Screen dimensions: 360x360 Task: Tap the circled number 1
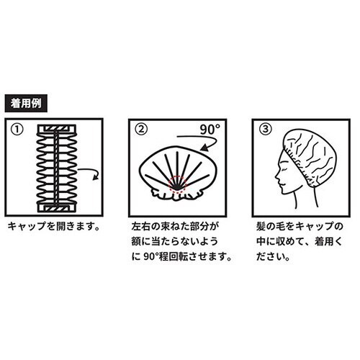pos(18,130)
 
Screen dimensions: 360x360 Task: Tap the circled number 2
pos(142,130)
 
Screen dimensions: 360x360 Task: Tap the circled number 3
pos(266,130)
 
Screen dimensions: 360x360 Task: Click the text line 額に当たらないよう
pos(171,242)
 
